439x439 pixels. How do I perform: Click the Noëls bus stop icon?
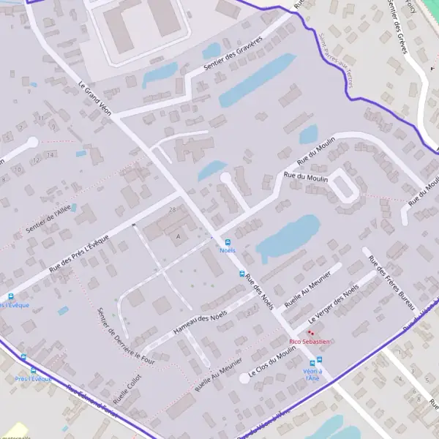228,242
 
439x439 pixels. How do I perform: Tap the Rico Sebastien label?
310,341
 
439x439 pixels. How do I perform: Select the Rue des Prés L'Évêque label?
79,252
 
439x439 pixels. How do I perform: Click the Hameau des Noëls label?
200,323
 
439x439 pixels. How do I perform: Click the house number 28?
173,210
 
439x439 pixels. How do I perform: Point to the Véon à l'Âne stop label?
312,374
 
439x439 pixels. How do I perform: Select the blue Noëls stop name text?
228,250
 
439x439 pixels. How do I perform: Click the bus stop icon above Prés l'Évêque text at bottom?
23,358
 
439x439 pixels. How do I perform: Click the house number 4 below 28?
178,236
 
